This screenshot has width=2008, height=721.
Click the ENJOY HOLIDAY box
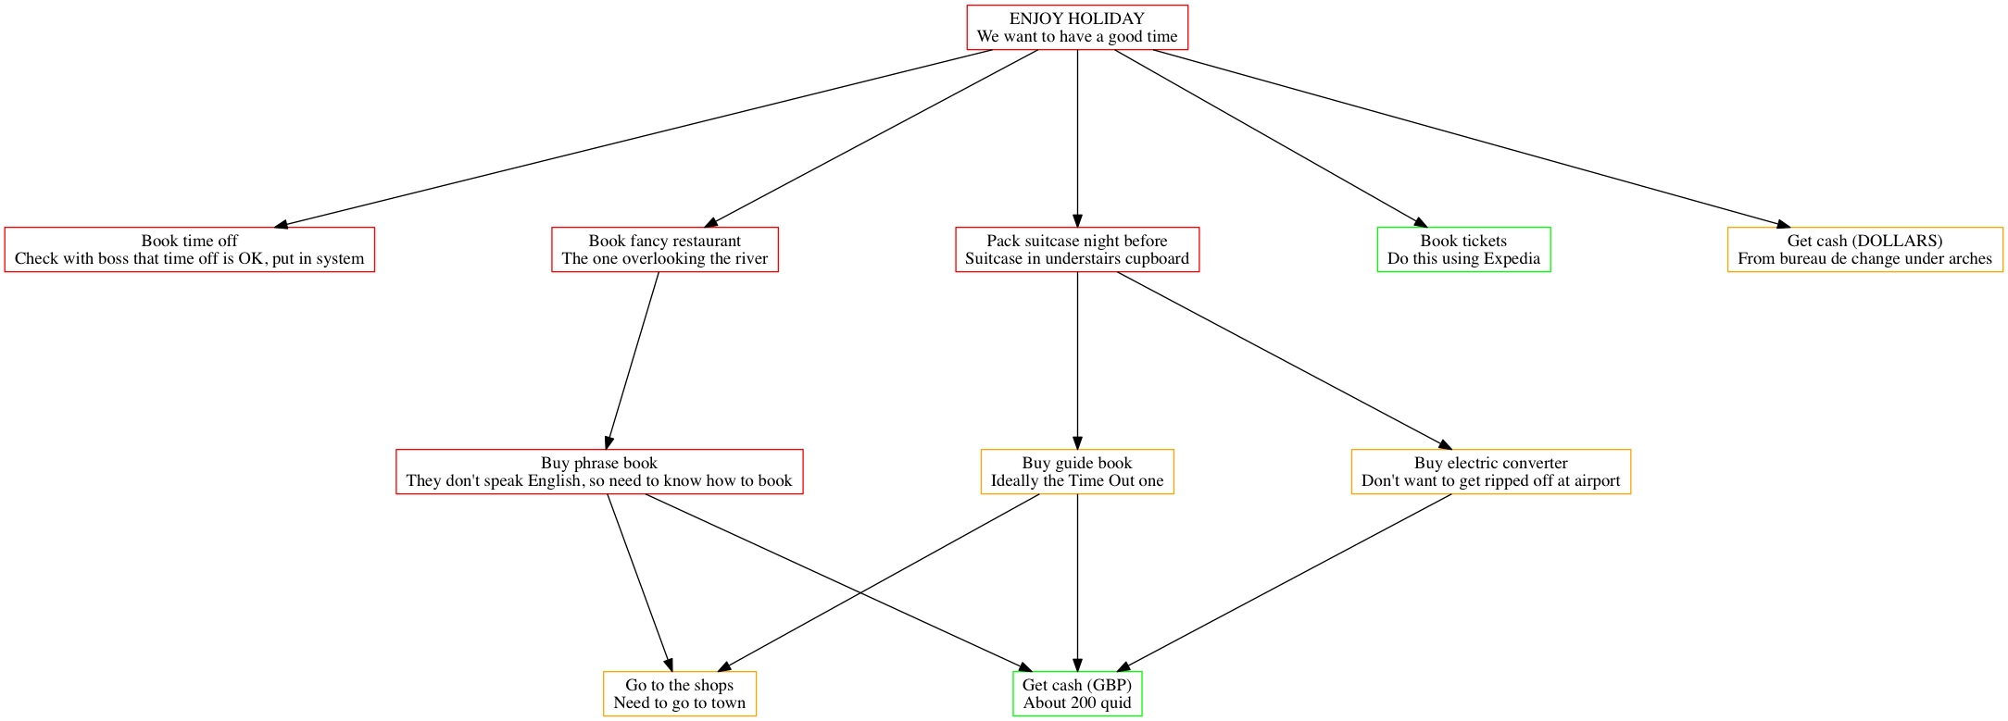pos(1076,28)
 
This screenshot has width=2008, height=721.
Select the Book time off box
pos(189,250)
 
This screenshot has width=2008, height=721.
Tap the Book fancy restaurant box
pos(664,250)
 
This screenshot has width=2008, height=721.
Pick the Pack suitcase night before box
pos(1076,250)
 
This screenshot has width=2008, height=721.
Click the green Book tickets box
pos(1463,250)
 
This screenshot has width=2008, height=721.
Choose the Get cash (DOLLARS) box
pos(1864,250)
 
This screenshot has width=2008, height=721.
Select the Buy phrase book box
pos(598,472)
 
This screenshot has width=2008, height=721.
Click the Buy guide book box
pos(1076,472)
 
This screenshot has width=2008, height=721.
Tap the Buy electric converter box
pos(1490,472)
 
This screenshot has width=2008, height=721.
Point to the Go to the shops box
pos(679,694)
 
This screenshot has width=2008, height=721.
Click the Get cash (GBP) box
pos(1076,694)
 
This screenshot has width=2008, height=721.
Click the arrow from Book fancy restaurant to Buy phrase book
pos(633,361)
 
